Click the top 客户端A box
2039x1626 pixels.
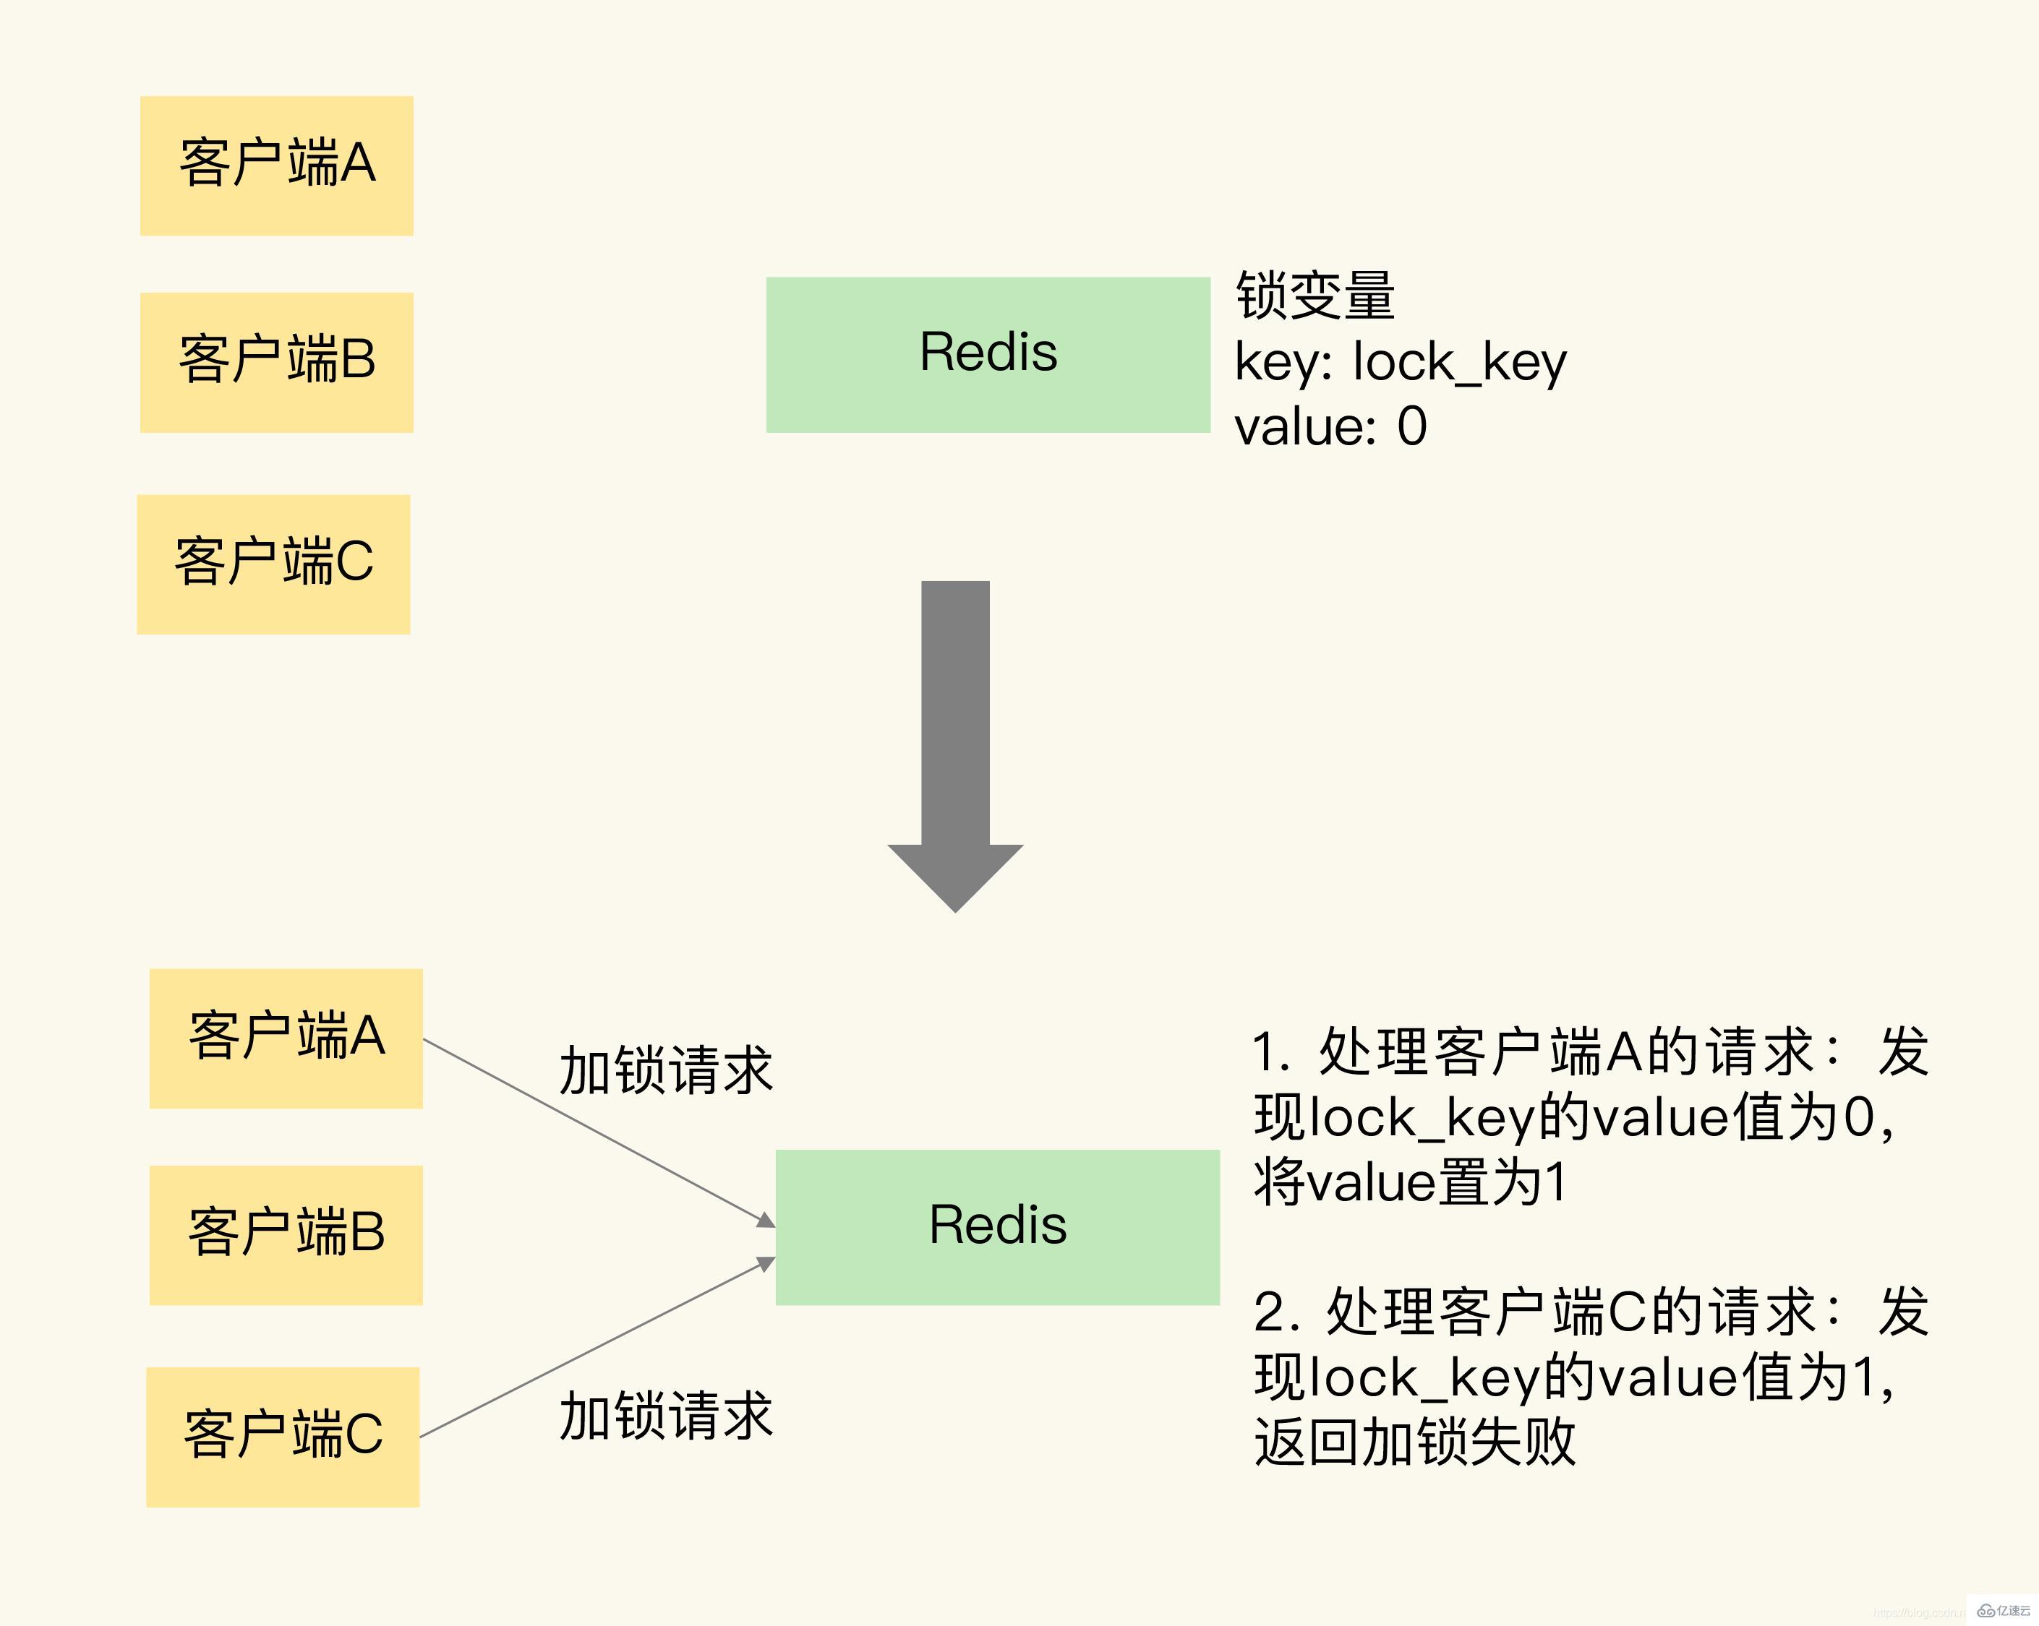click(276, 165)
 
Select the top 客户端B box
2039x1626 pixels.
click(276, 362)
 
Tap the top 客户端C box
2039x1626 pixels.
click(273, 564)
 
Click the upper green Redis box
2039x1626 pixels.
click(988, 355)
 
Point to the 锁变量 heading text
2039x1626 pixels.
click(1315, 295)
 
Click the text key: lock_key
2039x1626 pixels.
click(1400, 362)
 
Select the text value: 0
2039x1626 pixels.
click(1330, 426)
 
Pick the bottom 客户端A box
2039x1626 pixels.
click(286, 1038)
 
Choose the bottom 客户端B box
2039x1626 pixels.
click(286, 1234)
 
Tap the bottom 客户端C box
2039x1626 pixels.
click(283, 1436)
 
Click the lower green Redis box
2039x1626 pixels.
click(997, 1227)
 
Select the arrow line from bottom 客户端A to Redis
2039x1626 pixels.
click(596, 1131)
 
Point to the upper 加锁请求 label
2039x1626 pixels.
click(666, 1071)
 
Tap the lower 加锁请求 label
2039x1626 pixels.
click(666, 1416)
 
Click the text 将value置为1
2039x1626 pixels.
click(1409, 1182)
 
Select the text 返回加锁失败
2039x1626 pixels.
click(1414, 1442)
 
